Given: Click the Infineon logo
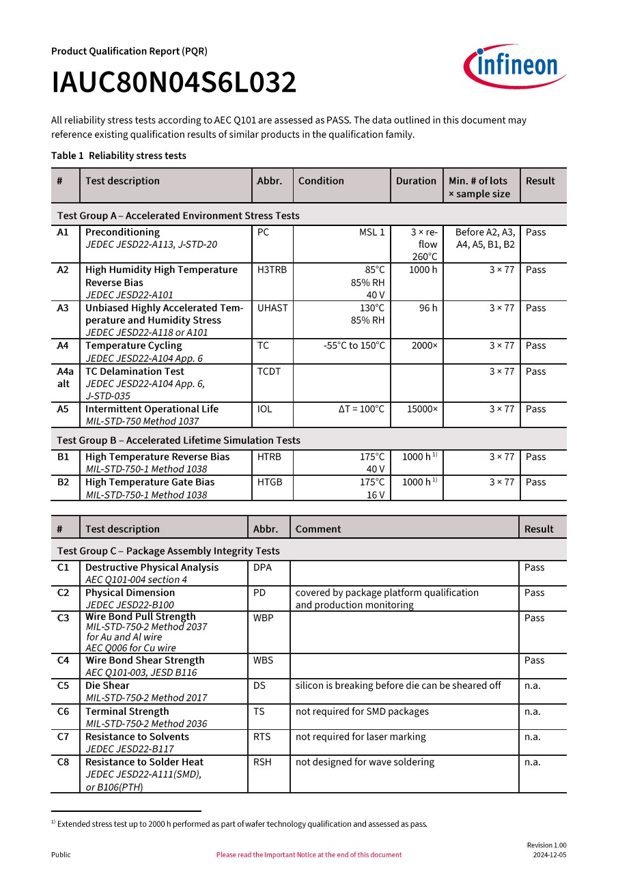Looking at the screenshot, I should point(516,66).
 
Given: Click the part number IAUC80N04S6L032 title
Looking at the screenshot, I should point(174,83).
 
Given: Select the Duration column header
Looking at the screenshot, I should point(416,181).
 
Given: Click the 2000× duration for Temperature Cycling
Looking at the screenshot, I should point(424,346).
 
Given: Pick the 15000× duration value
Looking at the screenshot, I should point(422,409).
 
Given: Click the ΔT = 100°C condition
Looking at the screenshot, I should point(361,409).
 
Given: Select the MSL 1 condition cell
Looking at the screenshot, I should point(372,232).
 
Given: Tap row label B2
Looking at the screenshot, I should point(63,482).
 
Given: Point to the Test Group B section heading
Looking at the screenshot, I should point(178,440).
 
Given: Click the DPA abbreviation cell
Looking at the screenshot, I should point(262,567).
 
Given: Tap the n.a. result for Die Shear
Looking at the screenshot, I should point(533,686).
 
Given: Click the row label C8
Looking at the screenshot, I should point(63,762).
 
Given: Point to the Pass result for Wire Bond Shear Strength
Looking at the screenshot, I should point(535,660).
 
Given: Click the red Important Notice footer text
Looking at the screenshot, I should point(309,855).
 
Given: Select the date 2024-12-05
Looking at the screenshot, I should point(549,855).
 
